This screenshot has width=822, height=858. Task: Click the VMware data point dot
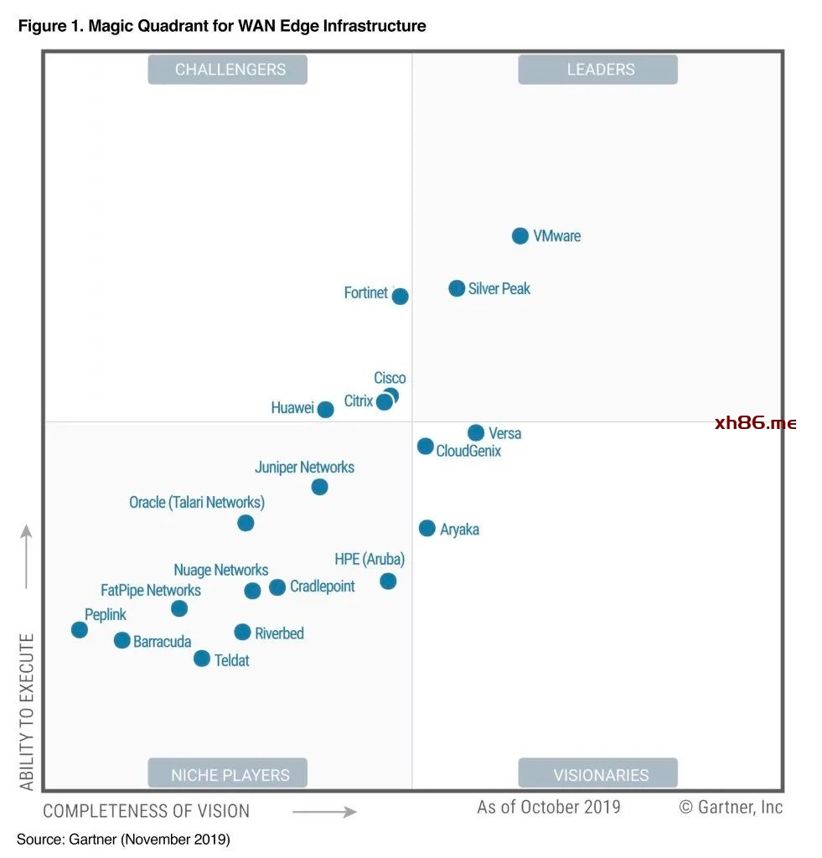coord(520,236)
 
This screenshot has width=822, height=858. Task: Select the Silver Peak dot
coord(457,288)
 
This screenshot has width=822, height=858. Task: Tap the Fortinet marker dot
coord(401,296)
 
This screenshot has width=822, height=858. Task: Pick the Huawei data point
coord(326,410)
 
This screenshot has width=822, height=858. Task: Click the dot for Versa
coord(476,433)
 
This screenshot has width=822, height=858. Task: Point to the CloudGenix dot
coord(426,447)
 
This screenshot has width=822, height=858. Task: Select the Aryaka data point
coord(427,528)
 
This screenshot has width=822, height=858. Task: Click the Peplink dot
coord(80,630)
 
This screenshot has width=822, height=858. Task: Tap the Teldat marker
coord(202,659)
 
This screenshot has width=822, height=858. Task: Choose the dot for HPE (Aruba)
coord(388,581)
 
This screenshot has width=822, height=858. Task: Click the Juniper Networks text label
coord(304,468)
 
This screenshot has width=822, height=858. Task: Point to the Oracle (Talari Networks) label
coord(197,503)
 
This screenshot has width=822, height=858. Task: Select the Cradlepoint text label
coord(323,587)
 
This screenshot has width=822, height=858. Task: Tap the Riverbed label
coord(279,633)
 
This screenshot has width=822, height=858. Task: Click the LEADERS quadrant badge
coord(597,70)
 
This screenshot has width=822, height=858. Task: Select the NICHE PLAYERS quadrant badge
coord(228,774)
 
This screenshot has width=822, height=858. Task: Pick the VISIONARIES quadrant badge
coord(597,774)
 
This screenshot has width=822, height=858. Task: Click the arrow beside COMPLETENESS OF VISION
coord(324,811)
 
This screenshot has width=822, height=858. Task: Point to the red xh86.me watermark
coord(756,423)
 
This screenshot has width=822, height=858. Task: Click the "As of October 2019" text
coord(549,807)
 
